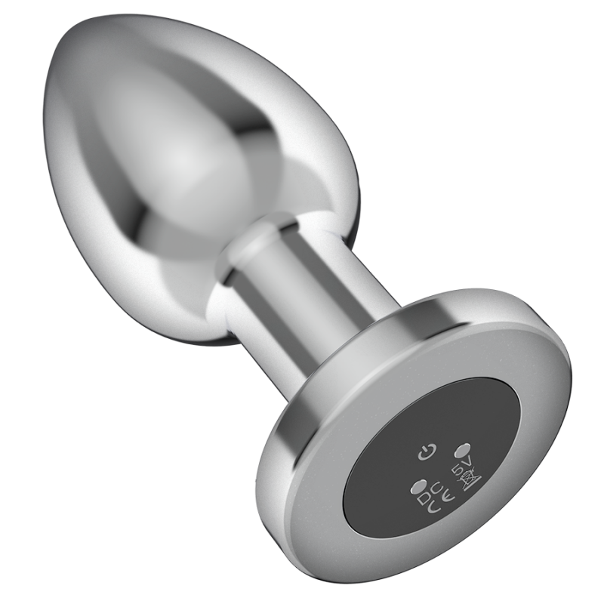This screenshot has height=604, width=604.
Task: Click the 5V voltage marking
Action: pyautogui.click(x=461, y=467)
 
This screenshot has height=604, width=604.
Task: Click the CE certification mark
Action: pyautogui.click(x=441, y=502)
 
